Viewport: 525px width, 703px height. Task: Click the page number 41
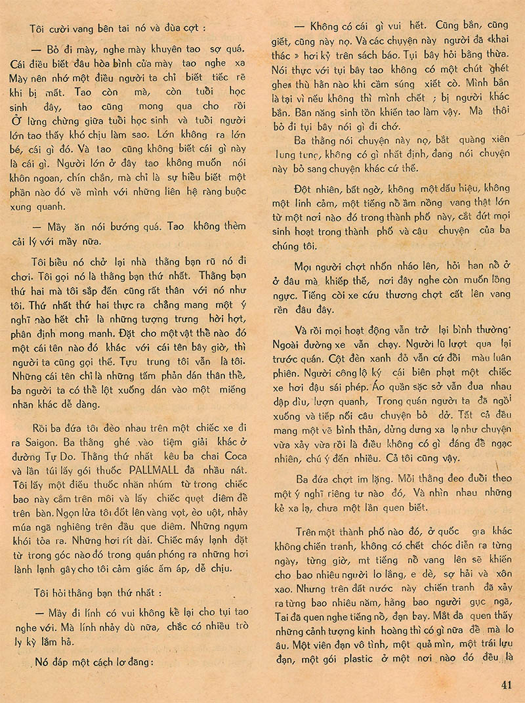click(x=505, y=685)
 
